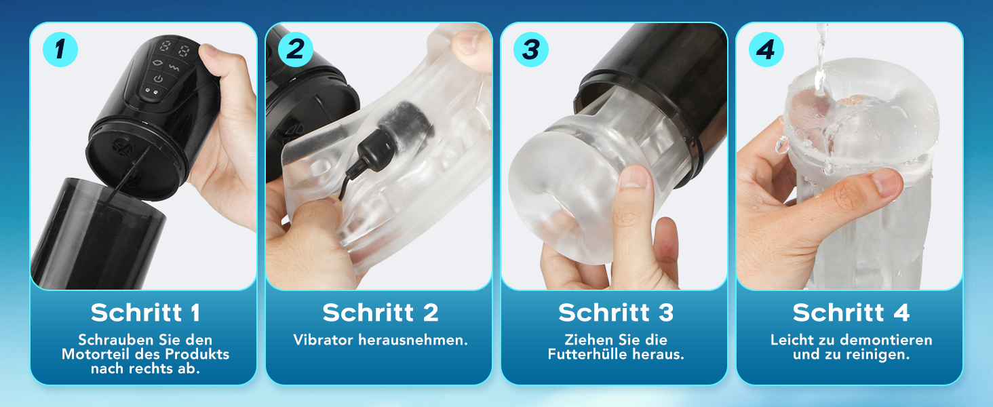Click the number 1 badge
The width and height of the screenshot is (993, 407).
60,50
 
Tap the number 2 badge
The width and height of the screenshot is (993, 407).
296,50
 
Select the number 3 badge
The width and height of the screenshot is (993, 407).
531,50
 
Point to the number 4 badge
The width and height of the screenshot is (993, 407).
766,50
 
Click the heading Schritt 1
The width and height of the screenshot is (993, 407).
145,313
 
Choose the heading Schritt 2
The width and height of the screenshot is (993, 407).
381,313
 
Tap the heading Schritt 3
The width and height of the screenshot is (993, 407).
616,313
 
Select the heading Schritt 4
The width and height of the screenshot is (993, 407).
851,313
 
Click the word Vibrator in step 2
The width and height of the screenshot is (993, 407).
323,340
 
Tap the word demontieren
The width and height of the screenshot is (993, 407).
886,340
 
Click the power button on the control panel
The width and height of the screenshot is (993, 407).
158,79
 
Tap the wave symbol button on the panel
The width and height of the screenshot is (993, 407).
174,68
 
